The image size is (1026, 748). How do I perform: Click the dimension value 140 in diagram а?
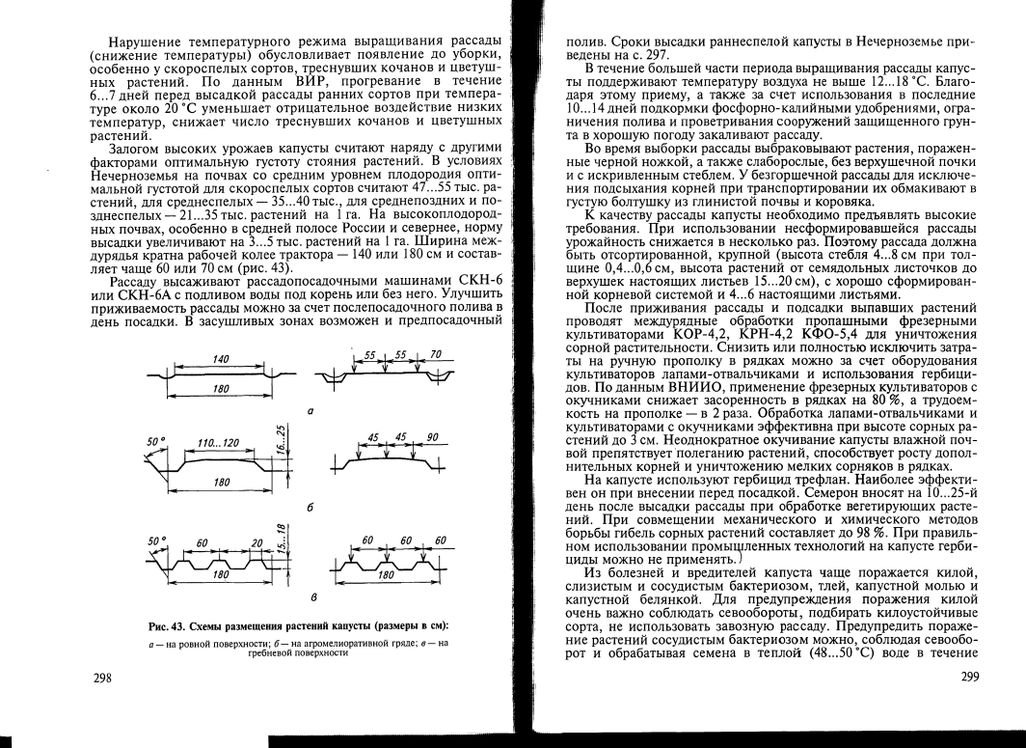pos(220,358)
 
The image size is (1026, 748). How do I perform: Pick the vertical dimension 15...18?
pos(280,534)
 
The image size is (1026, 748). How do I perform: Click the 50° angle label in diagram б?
pos(152,441)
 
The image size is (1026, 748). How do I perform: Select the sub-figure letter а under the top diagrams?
pos(309,412)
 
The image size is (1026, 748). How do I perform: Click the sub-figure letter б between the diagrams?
pos(309,508)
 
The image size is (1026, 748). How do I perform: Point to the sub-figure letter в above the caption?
pos(309,597)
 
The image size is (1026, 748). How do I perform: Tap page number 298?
pos(101,679)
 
